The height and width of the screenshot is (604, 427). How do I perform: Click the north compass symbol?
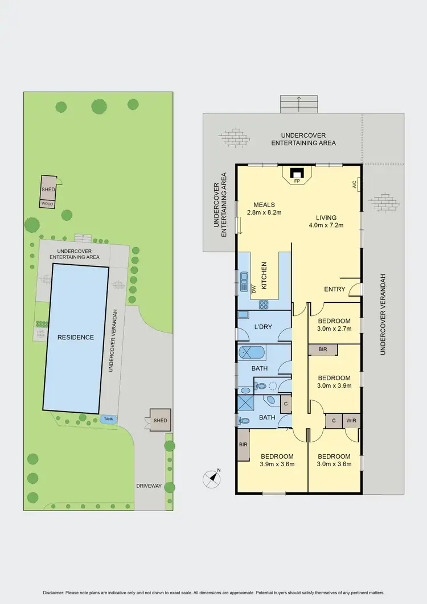[x=212, y=479]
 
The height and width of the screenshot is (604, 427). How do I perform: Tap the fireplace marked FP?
[x=297, y=172]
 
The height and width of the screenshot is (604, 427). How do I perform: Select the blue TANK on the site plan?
[x=107, y=420]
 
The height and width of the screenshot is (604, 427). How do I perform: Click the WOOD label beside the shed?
[x=47, y=203]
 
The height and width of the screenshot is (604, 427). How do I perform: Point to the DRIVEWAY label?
[x=149, y=486]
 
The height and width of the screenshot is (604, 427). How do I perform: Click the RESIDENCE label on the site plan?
[x=75, y=337]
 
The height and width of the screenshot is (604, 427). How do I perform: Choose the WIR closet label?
[x=351, y=421]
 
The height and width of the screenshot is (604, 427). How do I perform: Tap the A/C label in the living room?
[x=354, y=184]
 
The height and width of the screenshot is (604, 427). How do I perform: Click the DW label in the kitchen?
[x=254, y=289]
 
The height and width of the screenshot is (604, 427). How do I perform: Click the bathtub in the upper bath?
[x=251, y=352]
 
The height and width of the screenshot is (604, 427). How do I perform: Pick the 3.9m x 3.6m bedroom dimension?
[x=277, y=463]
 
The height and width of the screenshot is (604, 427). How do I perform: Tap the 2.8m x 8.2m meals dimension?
[x=264, y=212]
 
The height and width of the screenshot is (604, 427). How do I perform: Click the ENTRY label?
[x=335, y=289]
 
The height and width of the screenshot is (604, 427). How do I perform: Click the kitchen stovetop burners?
[x=264, y=303]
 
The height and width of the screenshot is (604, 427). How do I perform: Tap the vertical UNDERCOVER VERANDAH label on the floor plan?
[x=383, y=313]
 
